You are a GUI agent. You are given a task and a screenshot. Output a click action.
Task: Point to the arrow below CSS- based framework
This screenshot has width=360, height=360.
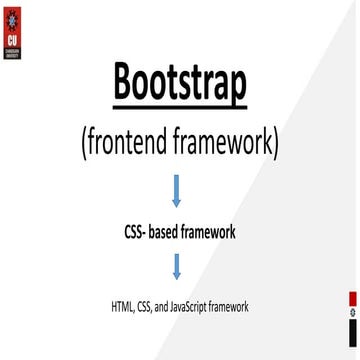[x=177, y=266]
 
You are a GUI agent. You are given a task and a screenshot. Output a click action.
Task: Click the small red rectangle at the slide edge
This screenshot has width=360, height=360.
[x=353, y=299]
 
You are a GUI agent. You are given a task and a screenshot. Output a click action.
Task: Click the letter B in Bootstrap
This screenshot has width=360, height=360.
[x=127, y=83]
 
